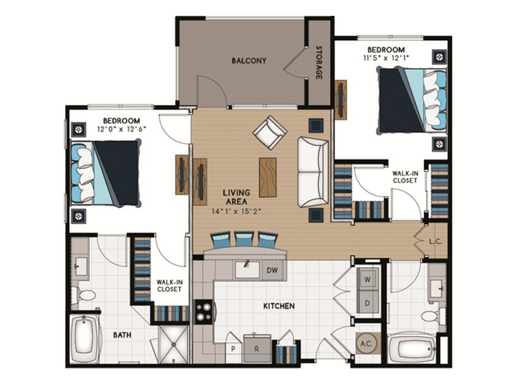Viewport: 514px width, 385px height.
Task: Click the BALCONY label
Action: point(249,60)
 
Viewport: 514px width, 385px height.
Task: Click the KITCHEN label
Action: point(277,306)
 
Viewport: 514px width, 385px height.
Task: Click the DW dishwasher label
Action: point(272,271)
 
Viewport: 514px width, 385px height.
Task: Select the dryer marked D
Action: point(368,303)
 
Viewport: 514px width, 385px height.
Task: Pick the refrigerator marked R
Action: point(257,348)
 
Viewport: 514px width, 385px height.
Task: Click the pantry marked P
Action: point(232,349)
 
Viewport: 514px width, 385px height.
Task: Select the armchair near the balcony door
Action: point(269,132)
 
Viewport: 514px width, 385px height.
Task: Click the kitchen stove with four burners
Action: point(204,310)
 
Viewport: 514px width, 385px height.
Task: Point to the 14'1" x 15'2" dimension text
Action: point(239,213)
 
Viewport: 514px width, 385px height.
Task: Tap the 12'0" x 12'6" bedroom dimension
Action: point(121,129)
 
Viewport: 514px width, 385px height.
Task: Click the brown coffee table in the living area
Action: point(267,177)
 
